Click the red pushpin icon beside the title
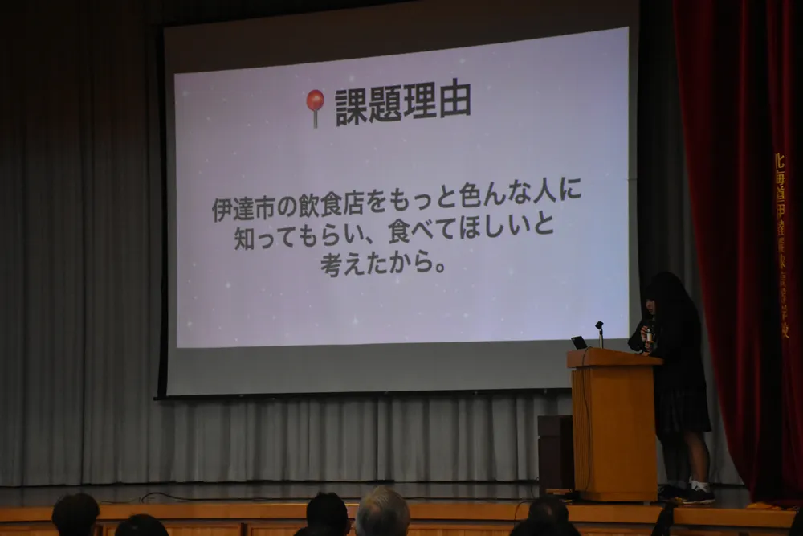(315, 103)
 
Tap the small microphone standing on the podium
(599, 332)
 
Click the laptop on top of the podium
(579, 342)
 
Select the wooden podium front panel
(613, 426)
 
